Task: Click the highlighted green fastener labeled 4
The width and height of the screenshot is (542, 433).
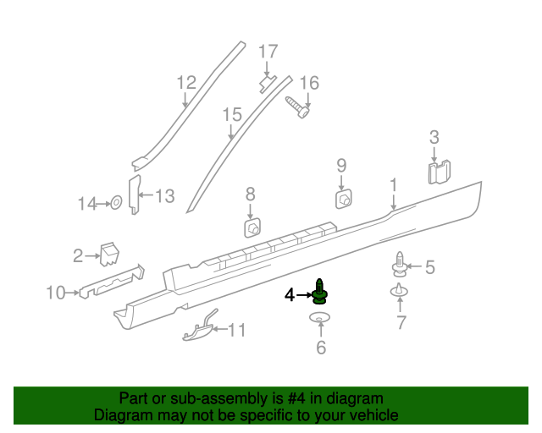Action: pos(320,292)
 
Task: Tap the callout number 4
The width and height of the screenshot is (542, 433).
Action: pos(290,295)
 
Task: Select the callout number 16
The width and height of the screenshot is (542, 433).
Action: pos(309,83)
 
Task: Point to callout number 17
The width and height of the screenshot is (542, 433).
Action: pos(268,52)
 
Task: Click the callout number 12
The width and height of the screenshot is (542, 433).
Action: pos(186,83)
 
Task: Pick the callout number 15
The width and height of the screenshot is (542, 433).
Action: pos(232,114)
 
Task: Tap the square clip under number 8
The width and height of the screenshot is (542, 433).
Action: pos(252,227)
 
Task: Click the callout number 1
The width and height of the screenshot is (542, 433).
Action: pos(393,184)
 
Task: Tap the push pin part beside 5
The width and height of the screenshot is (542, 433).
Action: pos(399,266)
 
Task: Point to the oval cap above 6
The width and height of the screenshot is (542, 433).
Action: pos(320,318)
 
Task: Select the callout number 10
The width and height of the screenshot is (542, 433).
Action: pos(56,293)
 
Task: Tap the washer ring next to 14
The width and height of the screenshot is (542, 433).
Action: pos(116,203)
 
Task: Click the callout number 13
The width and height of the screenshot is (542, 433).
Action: pos(164,196)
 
